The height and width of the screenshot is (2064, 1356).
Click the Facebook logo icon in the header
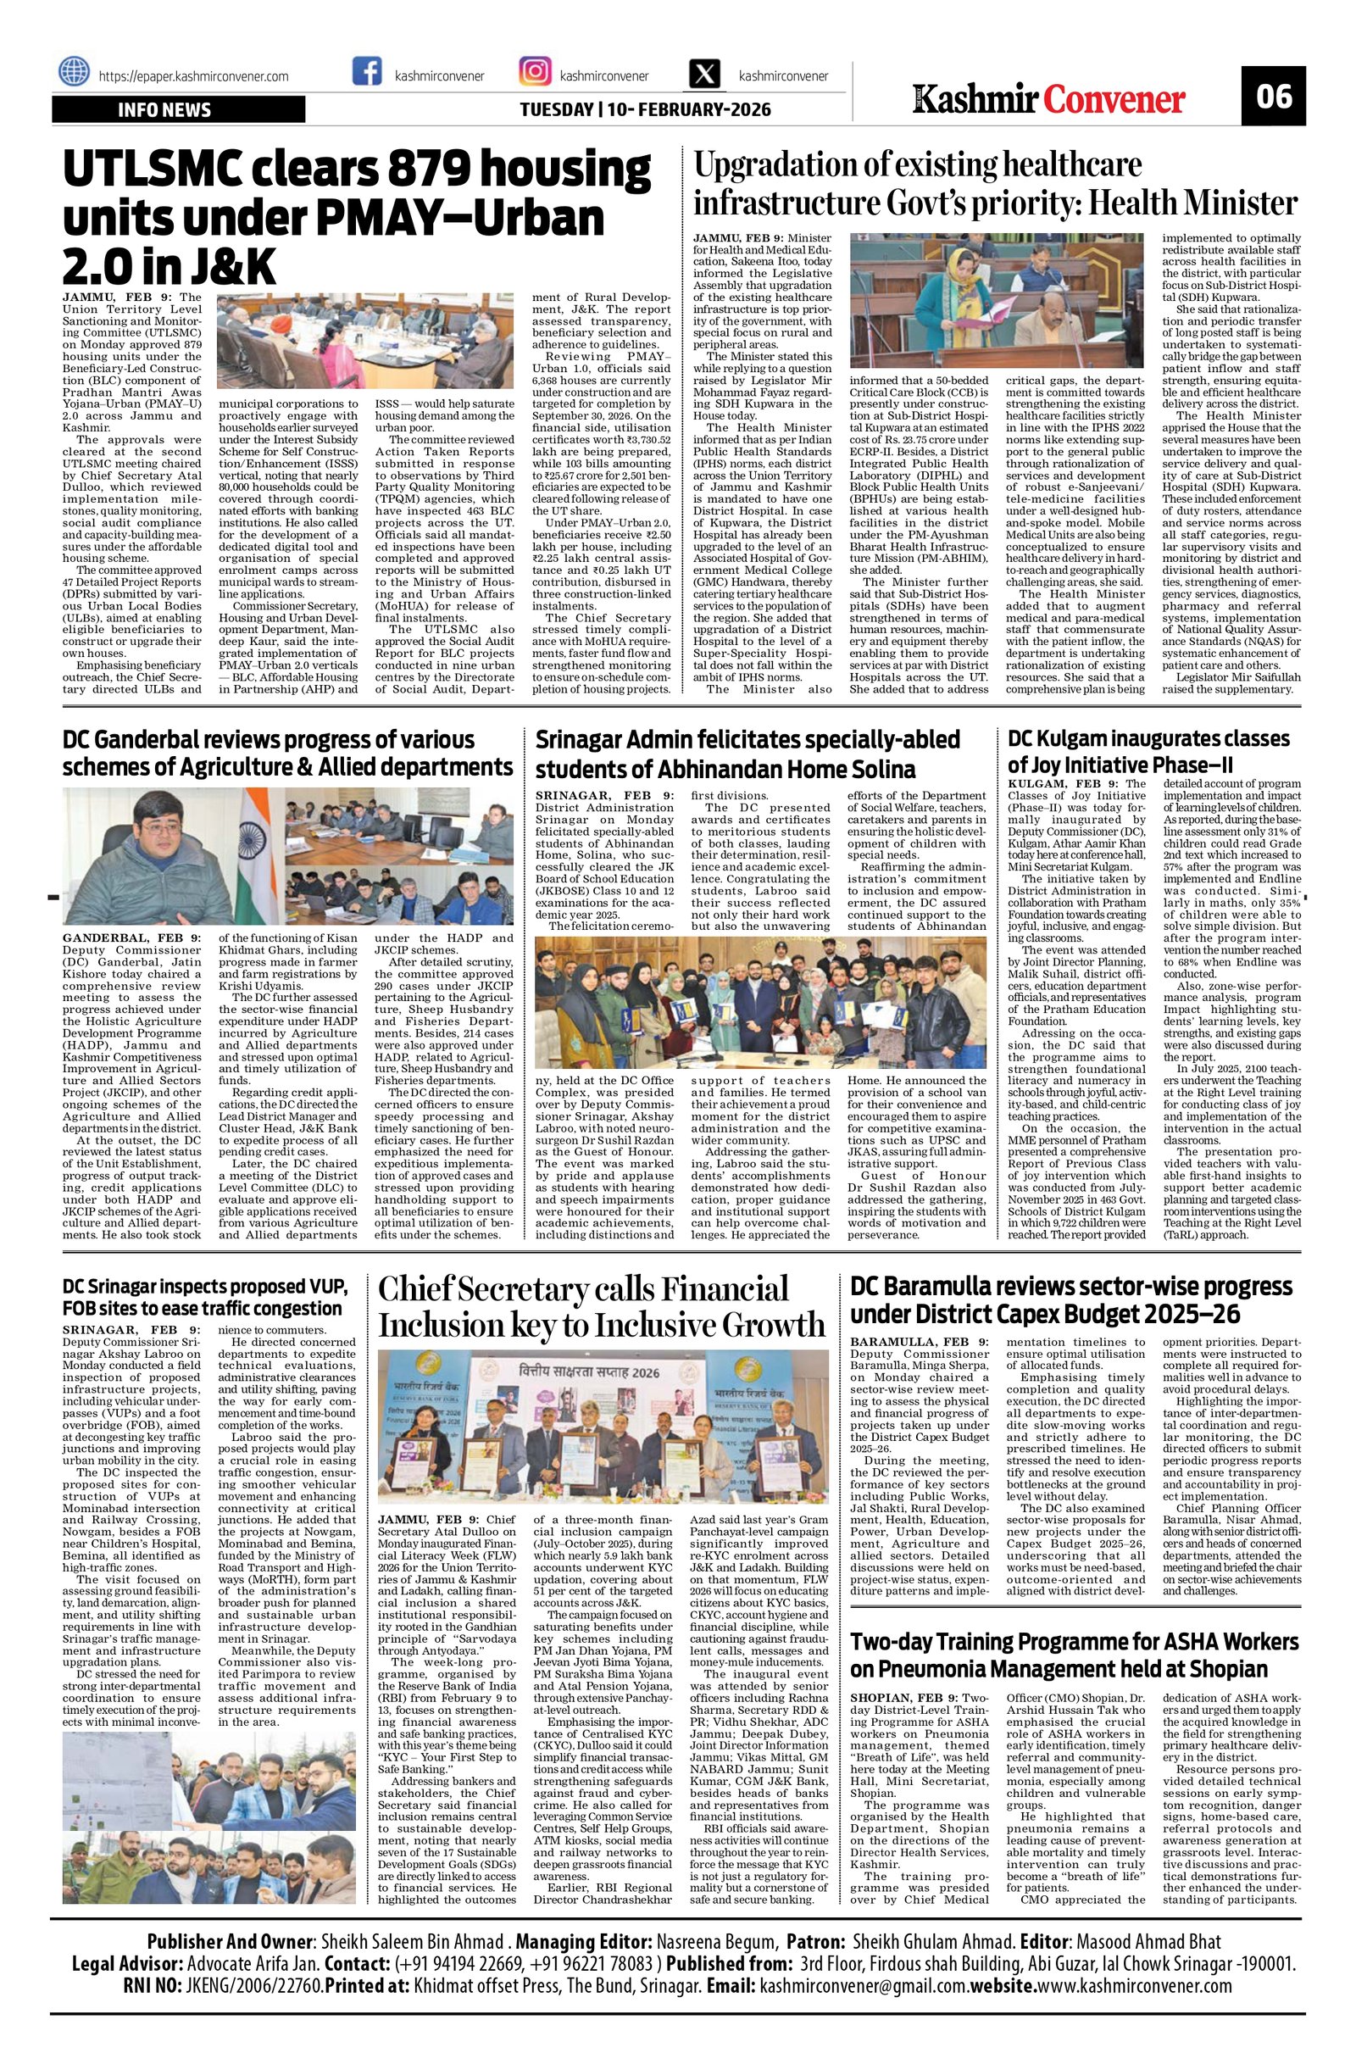tap(368, 72)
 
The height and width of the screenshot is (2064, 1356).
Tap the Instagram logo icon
tap(534, 72)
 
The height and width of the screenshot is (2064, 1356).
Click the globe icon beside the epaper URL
tap(75, 72)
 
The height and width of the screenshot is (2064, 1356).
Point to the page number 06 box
tap(1272, 97)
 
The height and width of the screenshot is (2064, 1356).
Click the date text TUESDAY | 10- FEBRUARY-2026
tap(645, 110)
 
